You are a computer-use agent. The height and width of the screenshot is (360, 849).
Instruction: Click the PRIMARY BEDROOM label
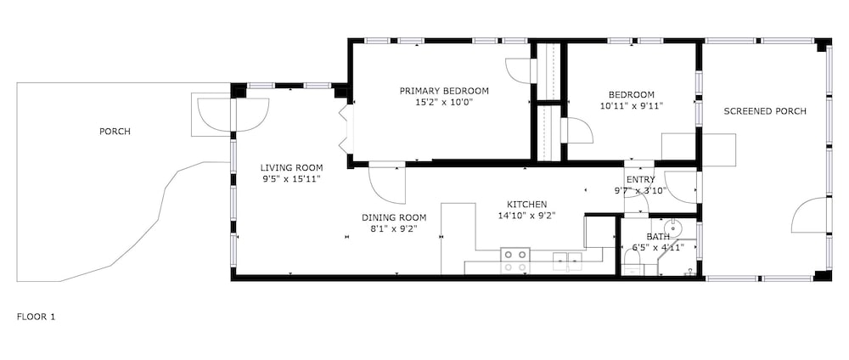click(444, 91)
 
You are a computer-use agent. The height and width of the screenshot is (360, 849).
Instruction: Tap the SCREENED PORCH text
click(765, 111)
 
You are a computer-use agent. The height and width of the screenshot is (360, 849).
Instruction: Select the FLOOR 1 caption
click(36, 317)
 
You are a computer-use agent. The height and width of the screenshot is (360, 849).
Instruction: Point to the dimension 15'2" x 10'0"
click(444, 102)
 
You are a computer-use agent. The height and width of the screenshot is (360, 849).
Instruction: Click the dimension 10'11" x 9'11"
click(631, 105)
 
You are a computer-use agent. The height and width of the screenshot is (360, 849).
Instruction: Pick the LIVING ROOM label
click(291, 168)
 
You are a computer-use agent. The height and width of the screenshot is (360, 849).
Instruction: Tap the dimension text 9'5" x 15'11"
click(291, 178)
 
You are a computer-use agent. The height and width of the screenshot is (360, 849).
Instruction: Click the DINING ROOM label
click(394, 217)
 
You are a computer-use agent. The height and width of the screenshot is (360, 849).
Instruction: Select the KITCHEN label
click(527, 205)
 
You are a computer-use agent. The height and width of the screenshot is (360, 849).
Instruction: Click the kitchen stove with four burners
click(515, 261)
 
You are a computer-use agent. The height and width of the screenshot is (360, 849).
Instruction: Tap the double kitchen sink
click(567, 261)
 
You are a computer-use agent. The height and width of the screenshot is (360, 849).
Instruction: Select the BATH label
click(658, 237)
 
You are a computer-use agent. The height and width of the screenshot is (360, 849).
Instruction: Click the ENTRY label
click(640, 180)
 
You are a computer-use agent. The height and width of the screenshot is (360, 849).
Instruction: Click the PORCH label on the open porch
click(115, 132)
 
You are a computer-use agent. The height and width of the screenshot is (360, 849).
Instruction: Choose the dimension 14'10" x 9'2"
click(527, 216)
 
